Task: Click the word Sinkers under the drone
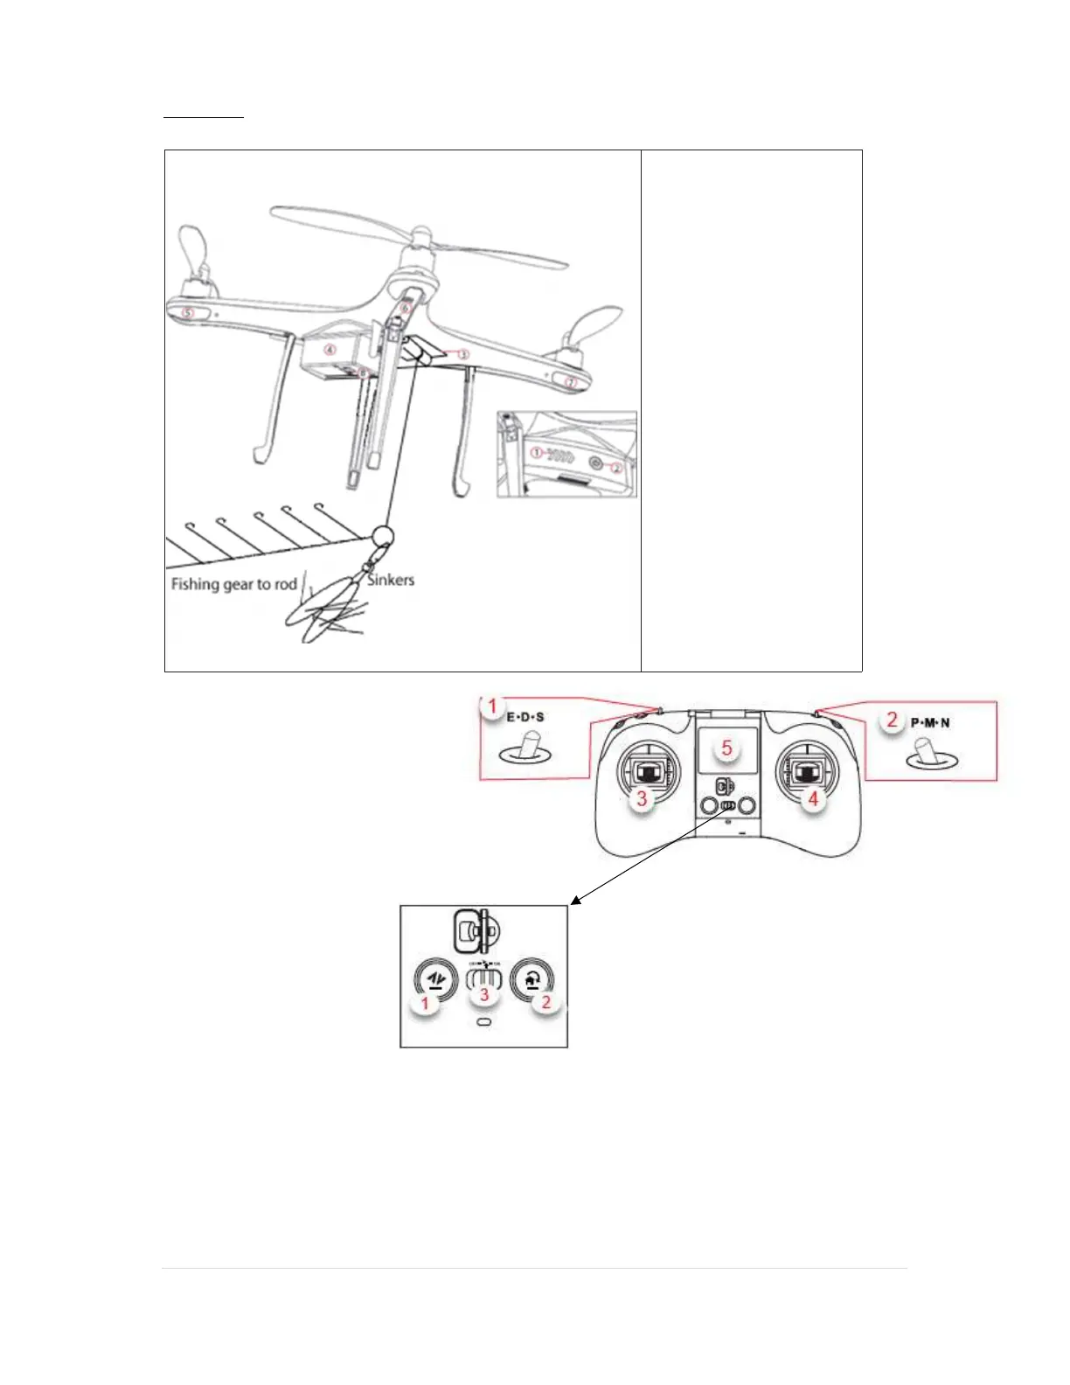point(391,580)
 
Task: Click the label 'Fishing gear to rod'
point(234,584)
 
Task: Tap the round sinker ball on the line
point(383,536)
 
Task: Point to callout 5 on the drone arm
point(188,312)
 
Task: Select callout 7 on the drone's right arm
point(571,382)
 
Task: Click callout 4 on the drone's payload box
point(330,350)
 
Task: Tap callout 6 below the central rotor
point(406,308)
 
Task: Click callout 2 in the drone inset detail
point(615,468)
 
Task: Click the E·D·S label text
point(525,717)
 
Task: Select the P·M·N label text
point(930,723)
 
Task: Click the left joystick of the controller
point(648,771)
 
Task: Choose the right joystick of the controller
point(807,771)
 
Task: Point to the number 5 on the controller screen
point(726,749)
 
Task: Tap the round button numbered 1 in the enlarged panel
point(434,982)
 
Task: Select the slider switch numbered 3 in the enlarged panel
point(483,978)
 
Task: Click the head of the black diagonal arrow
point(573,901)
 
